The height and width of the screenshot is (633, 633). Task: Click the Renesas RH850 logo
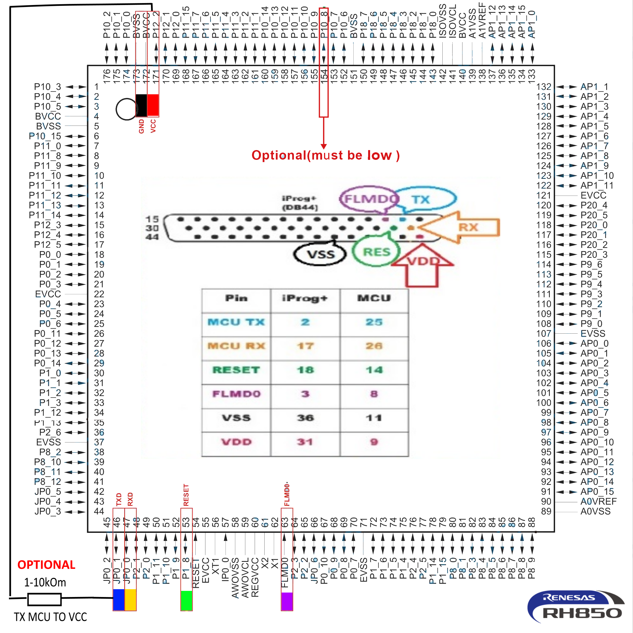pos(576,606)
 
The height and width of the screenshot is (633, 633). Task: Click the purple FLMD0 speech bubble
pos(369,199)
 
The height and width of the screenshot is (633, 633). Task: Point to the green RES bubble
pos(376,252)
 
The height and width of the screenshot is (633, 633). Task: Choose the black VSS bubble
pos(320,254)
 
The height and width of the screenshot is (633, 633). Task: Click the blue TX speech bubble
pos(425,199)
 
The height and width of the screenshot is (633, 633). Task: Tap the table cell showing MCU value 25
pos(374,322)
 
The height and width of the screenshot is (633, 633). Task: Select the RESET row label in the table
pos(236,370)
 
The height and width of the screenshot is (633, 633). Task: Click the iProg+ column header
pos(305,298)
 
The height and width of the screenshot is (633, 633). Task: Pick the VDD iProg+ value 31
pos(305,442)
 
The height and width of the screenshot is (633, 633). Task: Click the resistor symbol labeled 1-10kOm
pos(45,599)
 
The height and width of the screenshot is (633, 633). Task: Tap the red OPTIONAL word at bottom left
pos(46,565)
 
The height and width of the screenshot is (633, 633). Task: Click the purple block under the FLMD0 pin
pos(287,601)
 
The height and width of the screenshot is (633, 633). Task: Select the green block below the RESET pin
pos(186,600)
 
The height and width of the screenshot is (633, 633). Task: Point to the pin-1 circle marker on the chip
pos(126,109)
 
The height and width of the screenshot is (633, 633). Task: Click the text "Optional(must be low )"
pos(325,155)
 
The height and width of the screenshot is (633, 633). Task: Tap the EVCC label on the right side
pos(593,195)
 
